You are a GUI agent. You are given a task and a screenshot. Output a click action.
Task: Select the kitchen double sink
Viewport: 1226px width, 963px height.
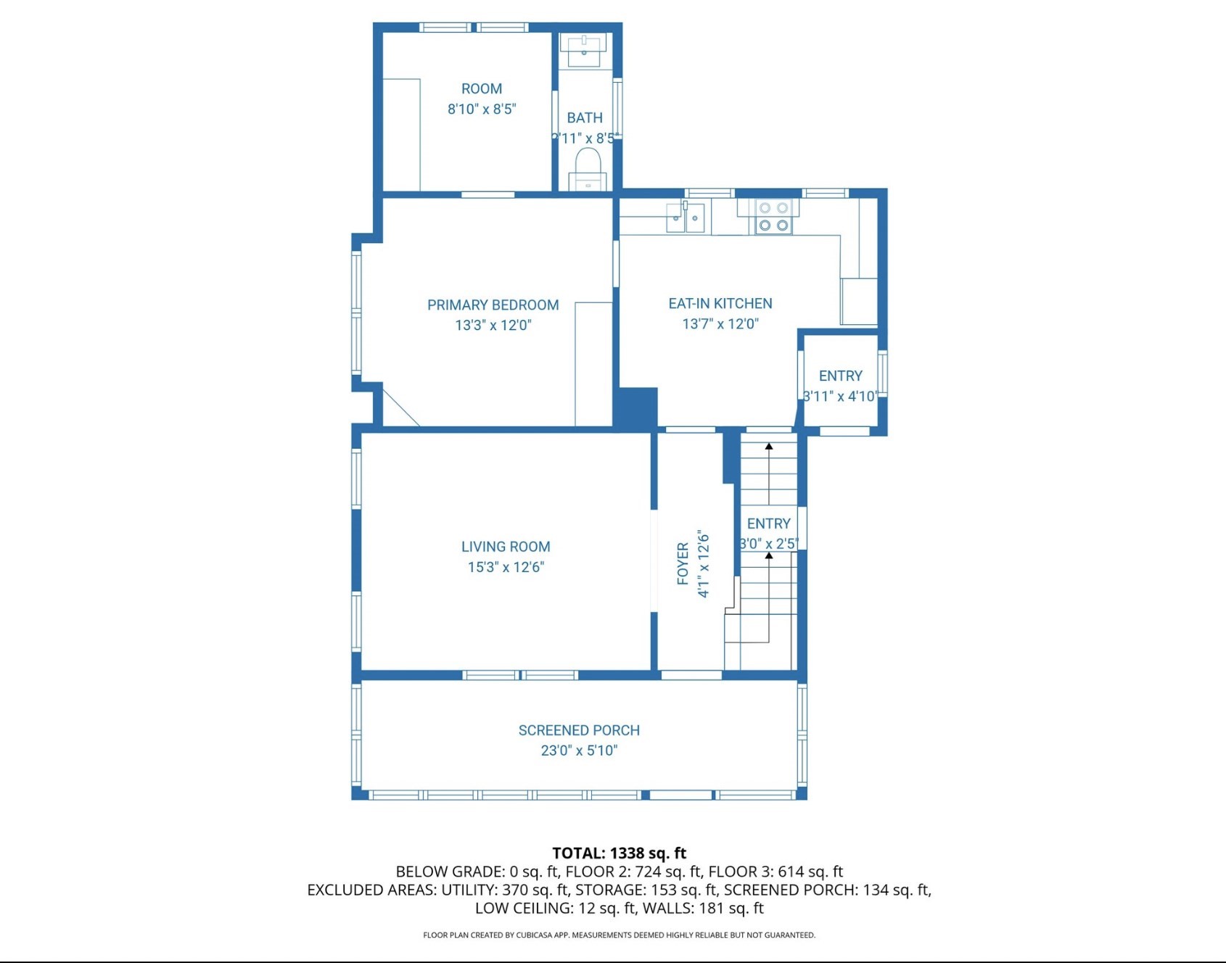686,218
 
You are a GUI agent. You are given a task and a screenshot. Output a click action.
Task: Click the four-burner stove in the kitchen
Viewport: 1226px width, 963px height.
773,217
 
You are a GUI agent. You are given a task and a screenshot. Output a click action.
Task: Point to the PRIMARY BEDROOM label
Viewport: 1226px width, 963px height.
493,305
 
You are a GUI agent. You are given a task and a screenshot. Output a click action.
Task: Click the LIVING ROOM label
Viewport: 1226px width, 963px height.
506,547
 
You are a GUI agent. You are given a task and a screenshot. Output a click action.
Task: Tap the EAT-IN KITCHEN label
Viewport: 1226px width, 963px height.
720,304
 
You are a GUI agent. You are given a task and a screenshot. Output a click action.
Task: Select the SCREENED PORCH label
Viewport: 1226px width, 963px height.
579,730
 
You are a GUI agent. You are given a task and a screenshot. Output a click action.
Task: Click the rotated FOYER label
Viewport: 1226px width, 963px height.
683,563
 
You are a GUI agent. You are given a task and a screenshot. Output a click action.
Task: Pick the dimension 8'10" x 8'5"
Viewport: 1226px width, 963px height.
482,109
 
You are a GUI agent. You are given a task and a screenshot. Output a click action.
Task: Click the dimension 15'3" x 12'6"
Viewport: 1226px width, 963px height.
506,567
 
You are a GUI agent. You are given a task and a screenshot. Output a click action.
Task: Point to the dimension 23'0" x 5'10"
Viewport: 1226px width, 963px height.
579,751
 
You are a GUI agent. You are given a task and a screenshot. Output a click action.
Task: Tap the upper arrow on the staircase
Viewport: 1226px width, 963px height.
769,447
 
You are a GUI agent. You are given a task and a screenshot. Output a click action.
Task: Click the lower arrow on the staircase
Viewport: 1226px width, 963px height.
769,556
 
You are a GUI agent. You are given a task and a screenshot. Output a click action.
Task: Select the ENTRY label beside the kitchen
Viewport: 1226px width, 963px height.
840,376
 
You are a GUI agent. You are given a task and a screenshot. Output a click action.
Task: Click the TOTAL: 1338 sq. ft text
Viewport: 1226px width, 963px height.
619,853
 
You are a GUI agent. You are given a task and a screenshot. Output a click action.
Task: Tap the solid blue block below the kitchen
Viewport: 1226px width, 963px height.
636,408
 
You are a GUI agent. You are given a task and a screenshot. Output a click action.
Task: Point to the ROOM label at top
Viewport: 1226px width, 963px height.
482,88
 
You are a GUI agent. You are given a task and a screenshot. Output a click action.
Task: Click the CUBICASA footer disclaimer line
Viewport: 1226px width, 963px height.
619,935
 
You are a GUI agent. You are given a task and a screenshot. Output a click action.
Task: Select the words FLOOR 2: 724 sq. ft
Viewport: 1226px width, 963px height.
633,872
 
